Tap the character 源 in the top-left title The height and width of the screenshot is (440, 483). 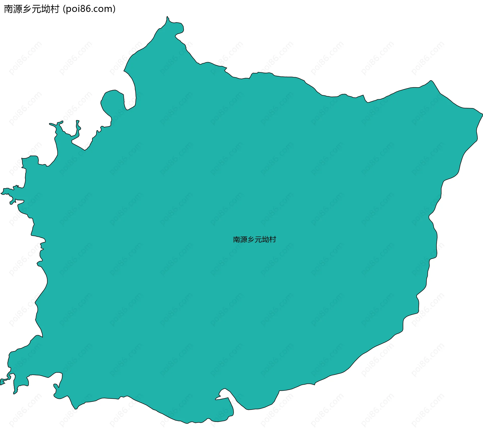18,9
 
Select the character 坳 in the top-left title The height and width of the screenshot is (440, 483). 46,9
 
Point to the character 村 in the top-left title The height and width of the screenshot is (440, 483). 55,9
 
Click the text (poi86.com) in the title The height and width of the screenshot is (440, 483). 89,9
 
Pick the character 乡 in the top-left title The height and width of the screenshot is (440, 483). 27,9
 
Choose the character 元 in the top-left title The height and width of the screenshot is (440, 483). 36,9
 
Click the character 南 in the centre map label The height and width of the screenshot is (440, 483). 237,240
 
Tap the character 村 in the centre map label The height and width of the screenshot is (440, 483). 272,240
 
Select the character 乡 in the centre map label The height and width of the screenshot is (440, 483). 251,240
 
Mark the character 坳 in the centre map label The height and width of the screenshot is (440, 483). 265,240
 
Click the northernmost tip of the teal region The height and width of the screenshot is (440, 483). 167,17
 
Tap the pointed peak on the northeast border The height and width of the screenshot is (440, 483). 431,81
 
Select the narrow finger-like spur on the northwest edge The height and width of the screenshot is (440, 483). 78,126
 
